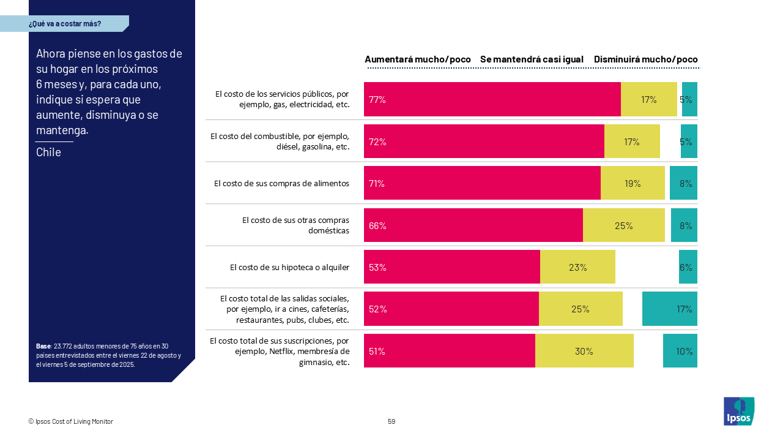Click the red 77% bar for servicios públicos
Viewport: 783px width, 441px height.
[492, 99]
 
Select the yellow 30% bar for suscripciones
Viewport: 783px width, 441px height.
[584, 351]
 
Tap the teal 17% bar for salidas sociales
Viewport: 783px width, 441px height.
[670, 309]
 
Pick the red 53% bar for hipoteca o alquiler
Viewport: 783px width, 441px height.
[451, 267]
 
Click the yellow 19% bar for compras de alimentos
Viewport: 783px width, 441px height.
[633, 183]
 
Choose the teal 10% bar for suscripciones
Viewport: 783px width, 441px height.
[680, 351]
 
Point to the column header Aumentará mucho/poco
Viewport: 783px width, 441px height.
[418, 59]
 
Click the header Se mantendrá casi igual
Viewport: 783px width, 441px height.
[532, 59]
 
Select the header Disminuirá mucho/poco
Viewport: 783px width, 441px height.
[645, 59]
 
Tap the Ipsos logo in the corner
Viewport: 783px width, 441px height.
[739, 411]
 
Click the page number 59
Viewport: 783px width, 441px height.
[391, 421]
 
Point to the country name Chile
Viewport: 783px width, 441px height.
[48, 152]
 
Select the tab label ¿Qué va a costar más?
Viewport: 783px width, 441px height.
[65, 24]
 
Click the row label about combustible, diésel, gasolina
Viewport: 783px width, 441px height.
[280, 141]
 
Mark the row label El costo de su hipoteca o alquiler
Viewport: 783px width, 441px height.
[289, 267]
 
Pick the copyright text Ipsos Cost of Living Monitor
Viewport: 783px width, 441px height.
[71, 421]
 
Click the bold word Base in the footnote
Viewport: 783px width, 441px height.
[43, 346]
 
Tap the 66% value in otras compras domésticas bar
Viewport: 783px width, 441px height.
[377, 225]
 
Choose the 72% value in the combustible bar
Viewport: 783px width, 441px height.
[377, 141]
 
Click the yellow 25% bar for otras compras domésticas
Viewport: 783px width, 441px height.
[623, 225]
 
